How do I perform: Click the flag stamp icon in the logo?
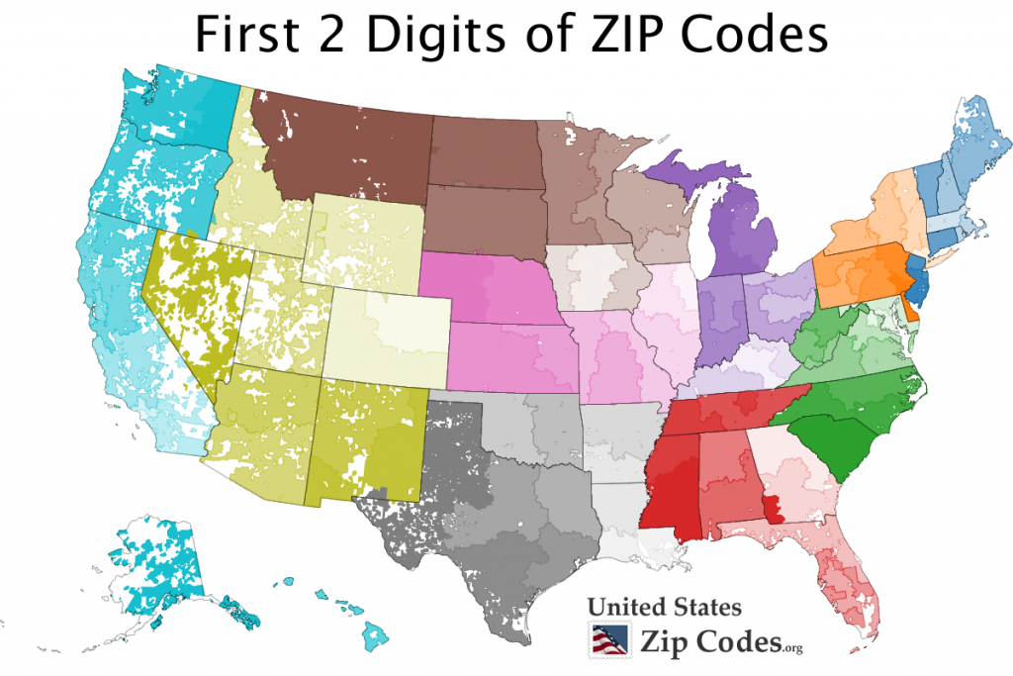pos(607,640)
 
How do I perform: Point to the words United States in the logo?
pos(664,607)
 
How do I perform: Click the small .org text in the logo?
pos(791,648)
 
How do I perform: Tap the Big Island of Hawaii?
pos(373,633)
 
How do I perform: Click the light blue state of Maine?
pos(979,148)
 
